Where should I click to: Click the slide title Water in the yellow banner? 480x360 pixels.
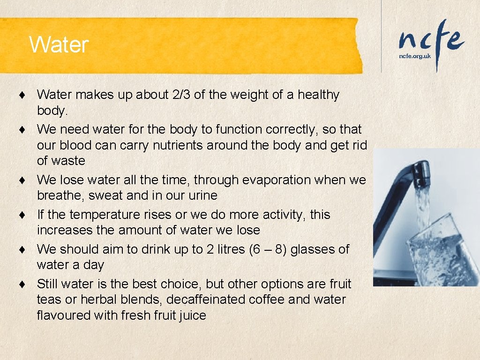tap(59, 45)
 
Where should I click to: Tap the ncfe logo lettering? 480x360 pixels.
tap(431, 39)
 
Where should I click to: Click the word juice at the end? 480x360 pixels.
tap(192, 315)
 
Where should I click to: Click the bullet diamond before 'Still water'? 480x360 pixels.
tap(22, 284)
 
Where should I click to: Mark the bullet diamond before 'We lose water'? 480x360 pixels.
tap(22, 180)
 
